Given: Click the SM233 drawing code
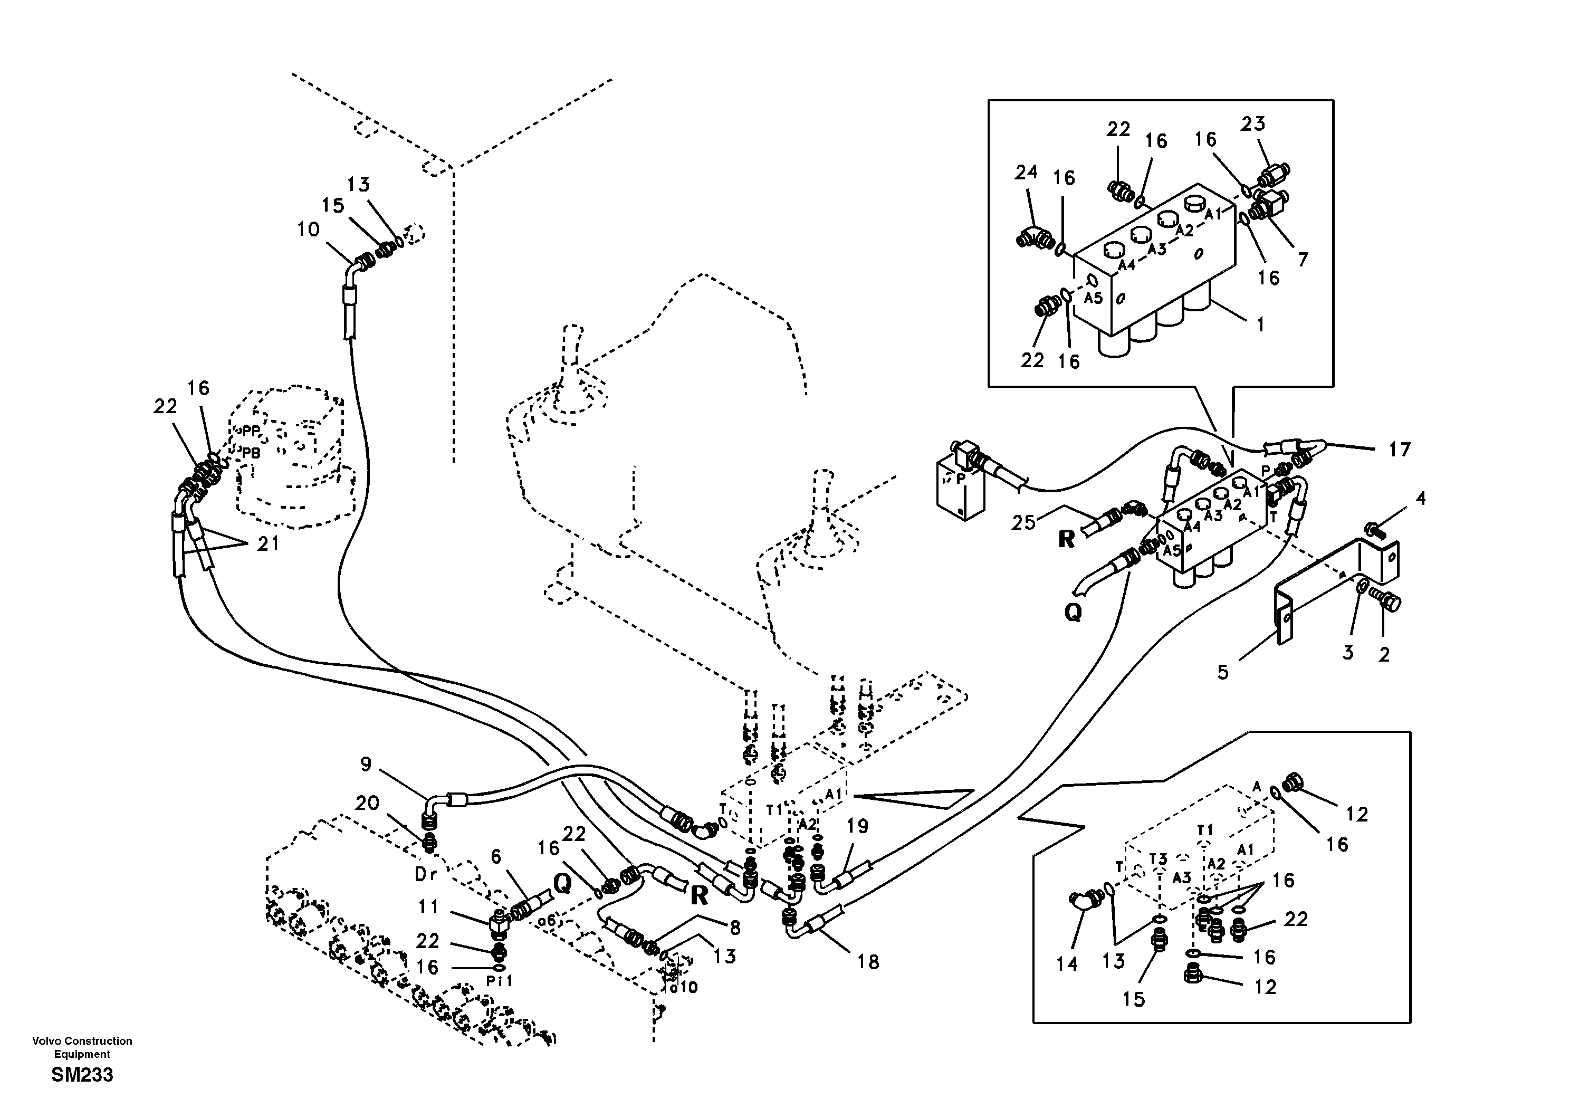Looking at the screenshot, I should tap(82, 1075).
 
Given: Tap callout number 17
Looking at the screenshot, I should tap(1400, 450).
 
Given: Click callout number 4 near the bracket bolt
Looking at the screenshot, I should tap(1420, 499).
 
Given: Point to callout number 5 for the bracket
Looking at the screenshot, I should tap(1223, 672).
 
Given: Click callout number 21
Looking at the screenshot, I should tap(268, 544).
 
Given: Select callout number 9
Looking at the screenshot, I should tap(366, 764).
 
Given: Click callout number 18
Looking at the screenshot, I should tap(868, 962).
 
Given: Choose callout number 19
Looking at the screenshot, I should tap(857, 826).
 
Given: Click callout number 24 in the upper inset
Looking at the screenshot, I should tap(1026, 173).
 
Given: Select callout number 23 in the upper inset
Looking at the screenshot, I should tap(1253, 124).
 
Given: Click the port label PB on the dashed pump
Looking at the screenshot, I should tap(251, 453).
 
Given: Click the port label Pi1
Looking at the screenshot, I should tap(499, 981).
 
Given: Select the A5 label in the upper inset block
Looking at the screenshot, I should tap(1094, 298).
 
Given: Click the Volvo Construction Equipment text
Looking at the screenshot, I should tap(82, 1047).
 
